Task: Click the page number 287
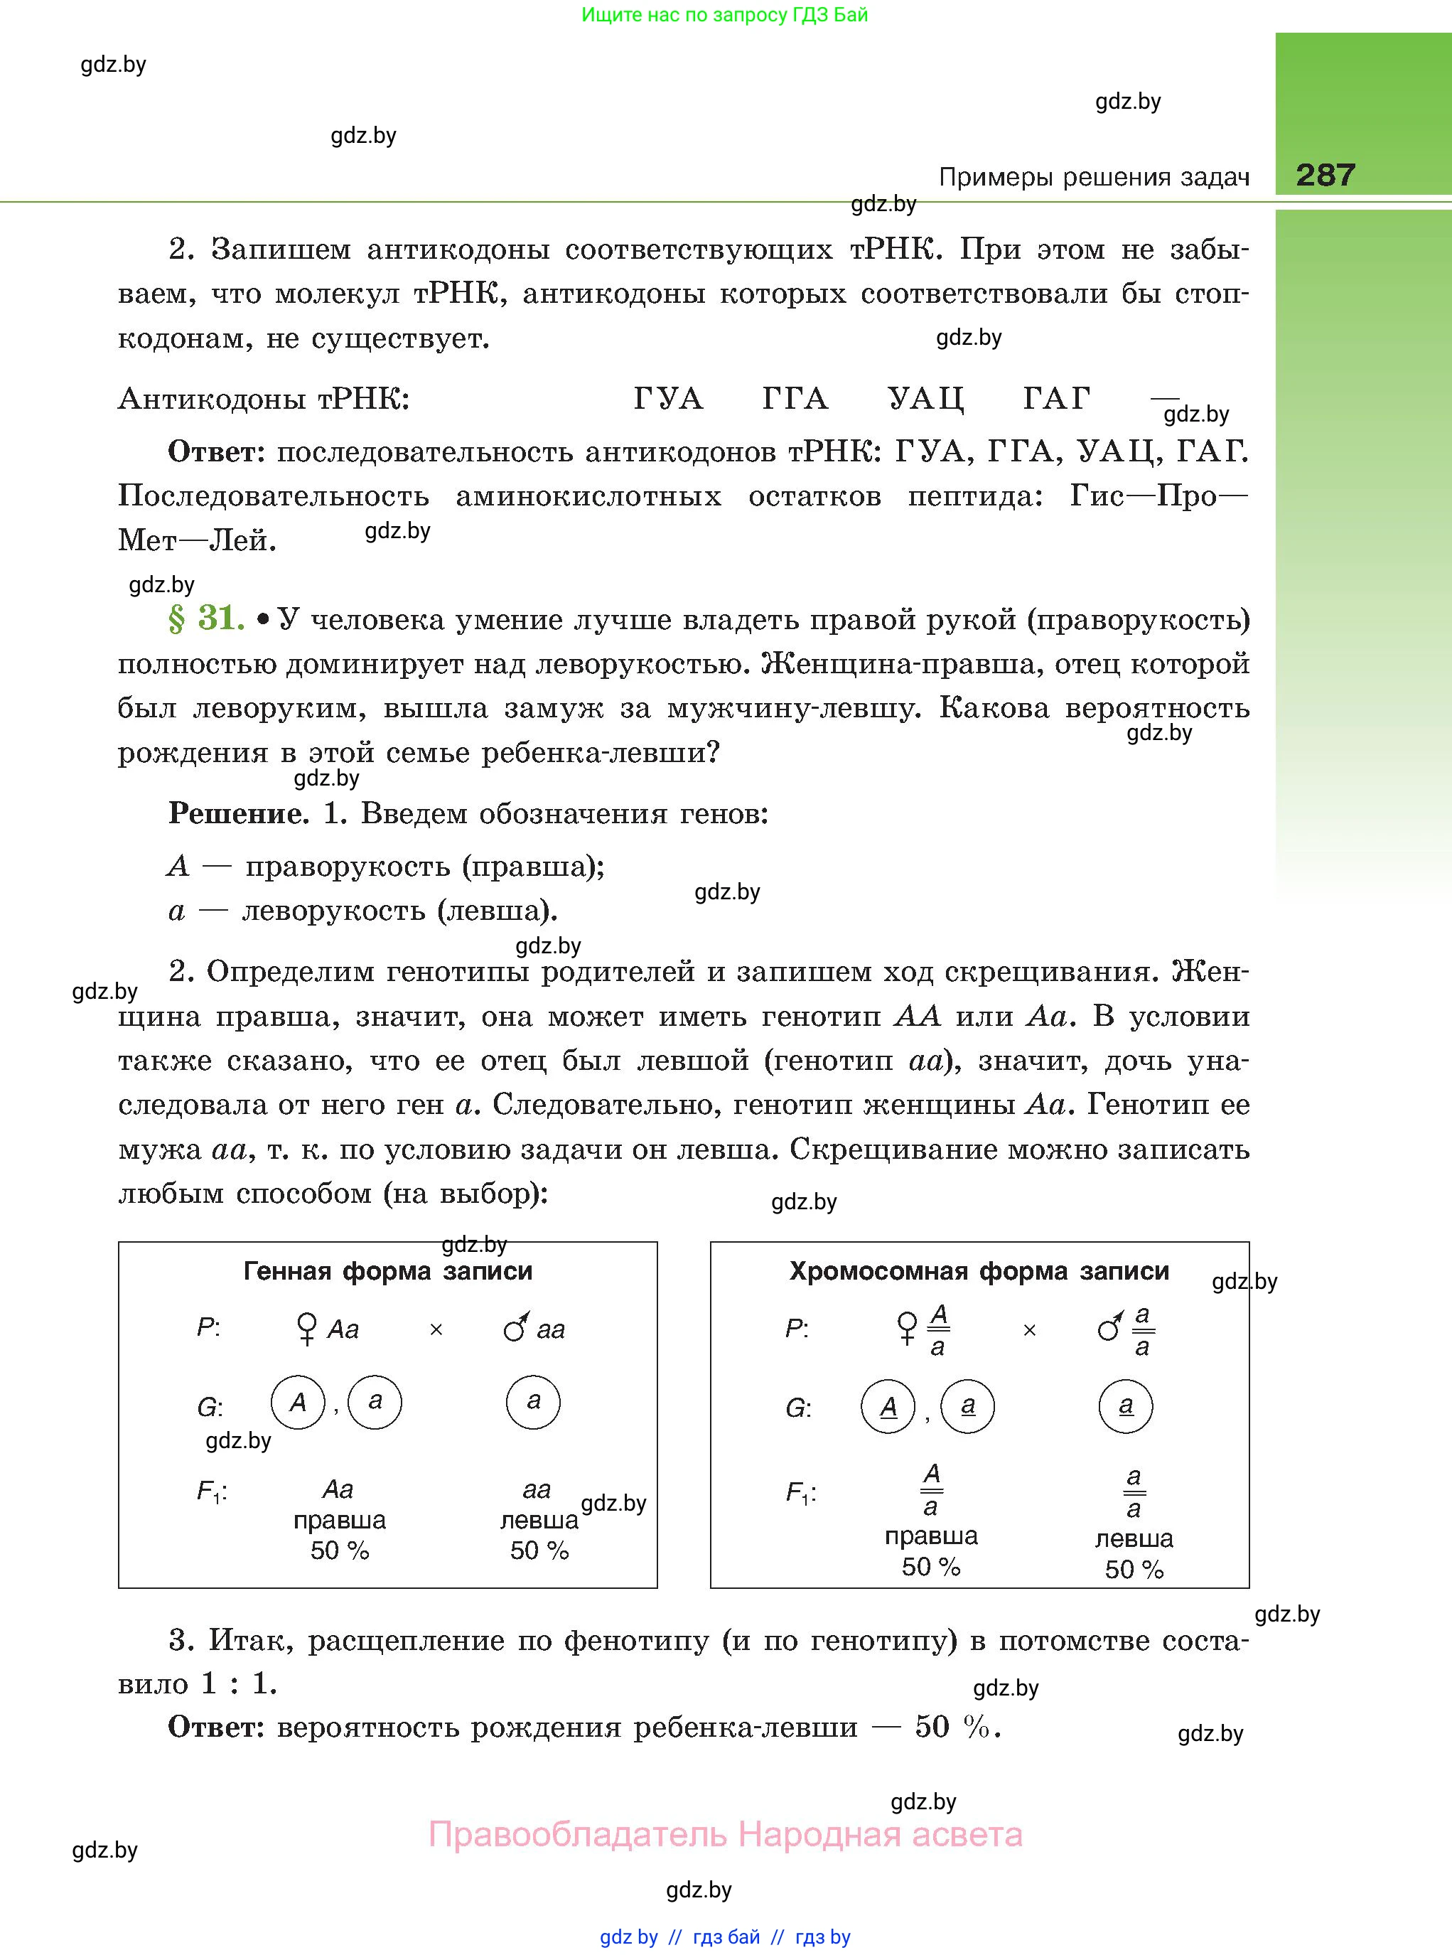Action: pos(1325,175)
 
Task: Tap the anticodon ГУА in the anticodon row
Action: pos(668,399)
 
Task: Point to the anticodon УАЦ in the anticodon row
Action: pos(925,399)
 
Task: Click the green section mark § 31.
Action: pos(205,619)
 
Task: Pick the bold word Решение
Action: pos(238,813)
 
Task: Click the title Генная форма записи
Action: pos(387,1271)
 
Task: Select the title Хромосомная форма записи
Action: pos(979,1271)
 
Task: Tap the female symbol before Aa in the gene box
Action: pos(307,1328)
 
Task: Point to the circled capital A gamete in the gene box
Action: pos(298,1402)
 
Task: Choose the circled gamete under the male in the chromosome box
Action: pos(1125,1405)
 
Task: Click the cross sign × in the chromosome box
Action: pos(1029,1331)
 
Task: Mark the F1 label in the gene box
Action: pos(211,1491)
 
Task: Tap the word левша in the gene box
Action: pos(539,1520)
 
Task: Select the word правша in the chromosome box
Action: pos(931,1536)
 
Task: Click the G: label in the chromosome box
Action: pos(798,1408)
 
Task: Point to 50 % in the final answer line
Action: pos(952,1727)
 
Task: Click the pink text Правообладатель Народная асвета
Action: pos(725,1835)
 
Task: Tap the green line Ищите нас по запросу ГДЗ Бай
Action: pos(725,15)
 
